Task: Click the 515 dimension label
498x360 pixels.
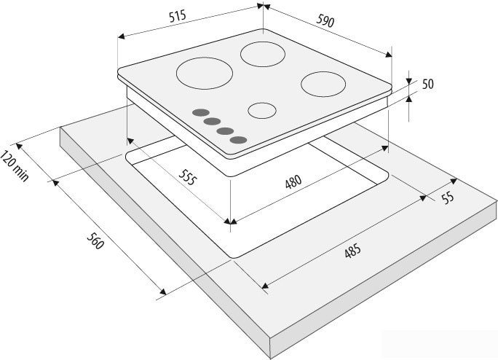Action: click(177, 16)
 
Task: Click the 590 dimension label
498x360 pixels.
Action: click(325, 21)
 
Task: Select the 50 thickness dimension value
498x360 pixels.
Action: click(428, 84)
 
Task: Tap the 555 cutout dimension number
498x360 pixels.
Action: click(188, 178)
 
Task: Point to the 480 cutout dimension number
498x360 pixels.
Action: click(293, 182)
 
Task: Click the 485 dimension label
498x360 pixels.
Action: click(352, 251)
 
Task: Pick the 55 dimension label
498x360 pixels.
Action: click(448, 197)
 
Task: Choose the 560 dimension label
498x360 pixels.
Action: click(95, 241)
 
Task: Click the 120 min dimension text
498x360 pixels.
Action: click(15, 166)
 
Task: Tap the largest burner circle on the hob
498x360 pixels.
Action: click(205, 73)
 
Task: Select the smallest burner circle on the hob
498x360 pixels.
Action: click(262, 110)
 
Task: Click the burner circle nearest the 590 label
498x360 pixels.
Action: click(263, 54)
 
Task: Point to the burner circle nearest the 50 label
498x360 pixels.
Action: click(323, 85)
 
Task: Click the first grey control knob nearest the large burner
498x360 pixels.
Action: click(200, 112)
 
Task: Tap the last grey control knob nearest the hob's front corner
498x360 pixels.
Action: click(239, 140)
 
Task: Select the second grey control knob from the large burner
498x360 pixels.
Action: click(212, 121)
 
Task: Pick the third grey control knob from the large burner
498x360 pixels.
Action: click(226, 130)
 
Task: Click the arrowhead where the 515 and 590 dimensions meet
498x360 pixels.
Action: click(264, 6)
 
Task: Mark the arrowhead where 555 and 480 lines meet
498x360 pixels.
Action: click(230, 222)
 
